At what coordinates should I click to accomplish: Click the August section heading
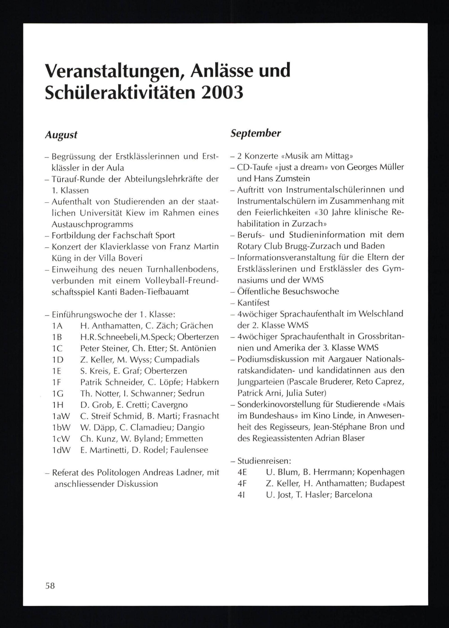click(x=61, y=135)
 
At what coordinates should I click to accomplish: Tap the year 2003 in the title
click(x=222, y=92)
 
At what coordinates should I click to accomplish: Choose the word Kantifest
click(x=253, y=303)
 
